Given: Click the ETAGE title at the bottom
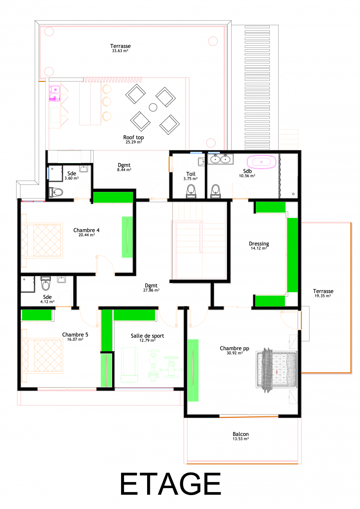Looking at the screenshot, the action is (x=171, y=484).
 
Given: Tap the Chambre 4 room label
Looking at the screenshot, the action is (x=87, y=230).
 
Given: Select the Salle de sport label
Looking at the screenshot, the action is (x=147, y=336).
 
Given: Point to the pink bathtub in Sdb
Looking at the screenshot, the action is (x=262, y=162).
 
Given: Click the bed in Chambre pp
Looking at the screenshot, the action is (x=276, y=370).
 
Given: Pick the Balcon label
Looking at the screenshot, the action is (x=240, y=434).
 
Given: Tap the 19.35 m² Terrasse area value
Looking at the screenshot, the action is (x=323, y=296).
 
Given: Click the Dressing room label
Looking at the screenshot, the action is (x=259, y=244).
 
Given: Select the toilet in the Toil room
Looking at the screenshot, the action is (x=191, y=191).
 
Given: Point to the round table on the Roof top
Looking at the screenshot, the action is (x=153, y=107).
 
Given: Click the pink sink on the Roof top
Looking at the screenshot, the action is (x=54, y=93).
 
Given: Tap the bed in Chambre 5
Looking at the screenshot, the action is (x=42, y=355).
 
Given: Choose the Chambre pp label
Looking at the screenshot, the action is (x=234, y=348).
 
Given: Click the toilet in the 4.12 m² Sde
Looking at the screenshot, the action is (x=46, y=283).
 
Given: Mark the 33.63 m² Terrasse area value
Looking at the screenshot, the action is (x=120, y=51).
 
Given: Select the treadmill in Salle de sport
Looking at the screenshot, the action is (x=129, y=365).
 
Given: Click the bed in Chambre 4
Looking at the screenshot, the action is (x=42, y=240).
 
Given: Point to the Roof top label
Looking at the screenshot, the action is (x=133, y=137).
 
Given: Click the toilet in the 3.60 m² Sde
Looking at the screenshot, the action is (x=56, y=192).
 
